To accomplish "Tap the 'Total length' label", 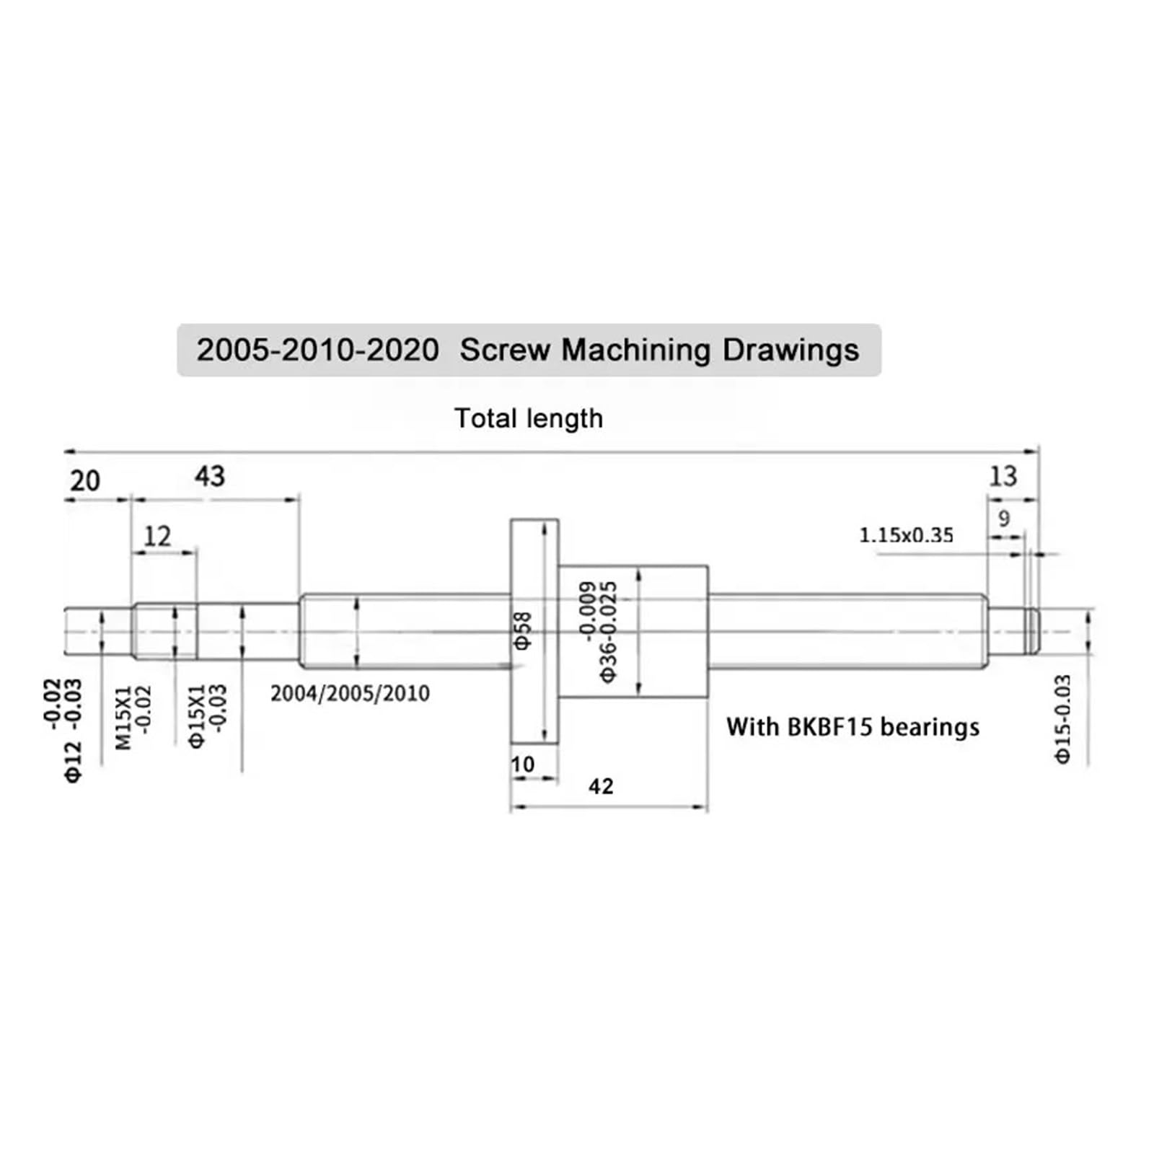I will click(x=529, y=418).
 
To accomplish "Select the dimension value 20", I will click(x=84, y=480).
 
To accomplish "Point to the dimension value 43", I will click(x=210, y=476).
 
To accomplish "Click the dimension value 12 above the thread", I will click(x=157, y=536).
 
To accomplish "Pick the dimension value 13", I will click(x=1003, y=476).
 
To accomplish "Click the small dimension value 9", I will click(x=1004, y=518).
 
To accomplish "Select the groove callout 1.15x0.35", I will click(x=906, y=535).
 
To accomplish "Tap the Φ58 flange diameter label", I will click(x=523, y=630).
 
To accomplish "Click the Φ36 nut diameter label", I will click(x=608, y=653).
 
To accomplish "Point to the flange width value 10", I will click(x=523, y=764).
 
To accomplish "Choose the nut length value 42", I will click(x=601, y=785).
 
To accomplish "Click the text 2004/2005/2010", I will click(x=350, y=694).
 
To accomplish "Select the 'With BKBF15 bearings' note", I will click(x=853, y=726).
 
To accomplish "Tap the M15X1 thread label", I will click(x=124, y=718).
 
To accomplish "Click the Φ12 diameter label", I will click(x=74, y=762).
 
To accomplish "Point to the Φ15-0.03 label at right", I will click(x=1063, y=719).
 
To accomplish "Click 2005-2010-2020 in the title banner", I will click(x=318, y=351).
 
